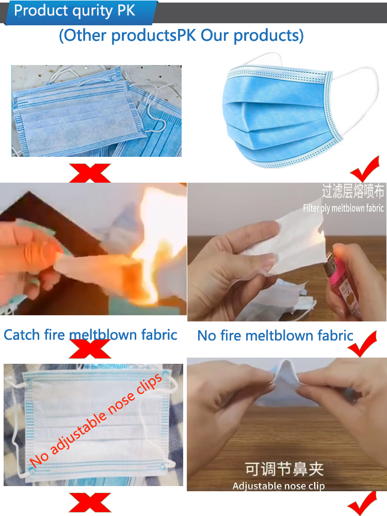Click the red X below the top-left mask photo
click(90, 173)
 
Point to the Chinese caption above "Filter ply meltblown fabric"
click(353, 191)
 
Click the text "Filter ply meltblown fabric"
click(343, 208)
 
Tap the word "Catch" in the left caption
click(22, 335)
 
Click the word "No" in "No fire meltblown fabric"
click(206, 336)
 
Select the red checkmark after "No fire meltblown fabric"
click(362, 344)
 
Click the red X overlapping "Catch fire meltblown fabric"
click(90, 349)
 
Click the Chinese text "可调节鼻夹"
click(284, 469)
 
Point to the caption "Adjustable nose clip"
click(279, 486)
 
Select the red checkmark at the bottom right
click(362, 504)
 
